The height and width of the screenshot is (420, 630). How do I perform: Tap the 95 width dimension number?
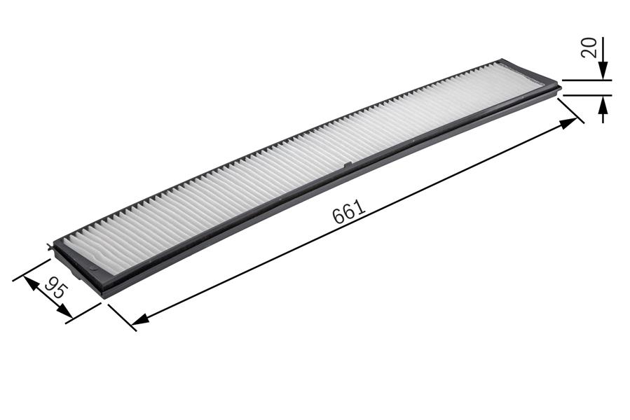pos(55,288)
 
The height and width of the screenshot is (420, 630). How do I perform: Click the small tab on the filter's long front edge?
pos(348,166)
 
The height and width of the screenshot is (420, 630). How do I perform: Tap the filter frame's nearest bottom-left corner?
pos(103,297)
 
